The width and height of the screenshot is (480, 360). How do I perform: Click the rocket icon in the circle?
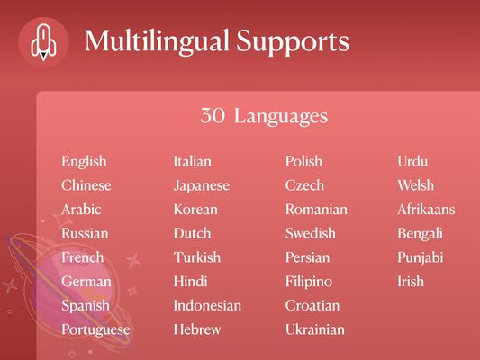(43, 42)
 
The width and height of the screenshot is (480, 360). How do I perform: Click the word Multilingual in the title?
(157, 41)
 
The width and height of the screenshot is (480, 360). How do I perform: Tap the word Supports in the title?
(293, 42)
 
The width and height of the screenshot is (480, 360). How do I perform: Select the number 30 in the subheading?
(213, 115)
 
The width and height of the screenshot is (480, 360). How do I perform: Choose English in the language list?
(84, 162)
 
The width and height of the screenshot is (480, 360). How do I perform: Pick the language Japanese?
(202, 185)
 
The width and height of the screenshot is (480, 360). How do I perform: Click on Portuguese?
(95, 329)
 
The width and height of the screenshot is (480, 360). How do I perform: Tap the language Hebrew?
(197, 329)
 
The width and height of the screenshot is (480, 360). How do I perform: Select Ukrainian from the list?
(315, 329)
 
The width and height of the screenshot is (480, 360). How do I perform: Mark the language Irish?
(411, 282)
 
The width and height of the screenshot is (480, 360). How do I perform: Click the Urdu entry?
(412, 161)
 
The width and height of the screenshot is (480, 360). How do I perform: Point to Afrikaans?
(427, 210)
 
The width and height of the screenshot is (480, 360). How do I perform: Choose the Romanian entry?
(316, 210)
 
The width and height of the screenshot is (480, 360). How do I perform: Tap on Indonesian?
(207, 306)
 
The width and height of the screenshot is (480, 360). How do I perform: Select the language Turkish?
(197, 257)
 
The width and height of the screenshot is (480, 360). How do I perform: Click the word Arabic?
(81, 210)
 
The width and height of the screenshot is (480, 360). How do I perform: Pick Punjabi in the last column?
(421, 258)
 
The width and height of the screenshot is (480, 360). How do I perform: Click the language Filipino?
(309, 282)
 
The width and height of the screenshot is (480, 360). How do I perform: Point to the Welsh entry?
(416, 185)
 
